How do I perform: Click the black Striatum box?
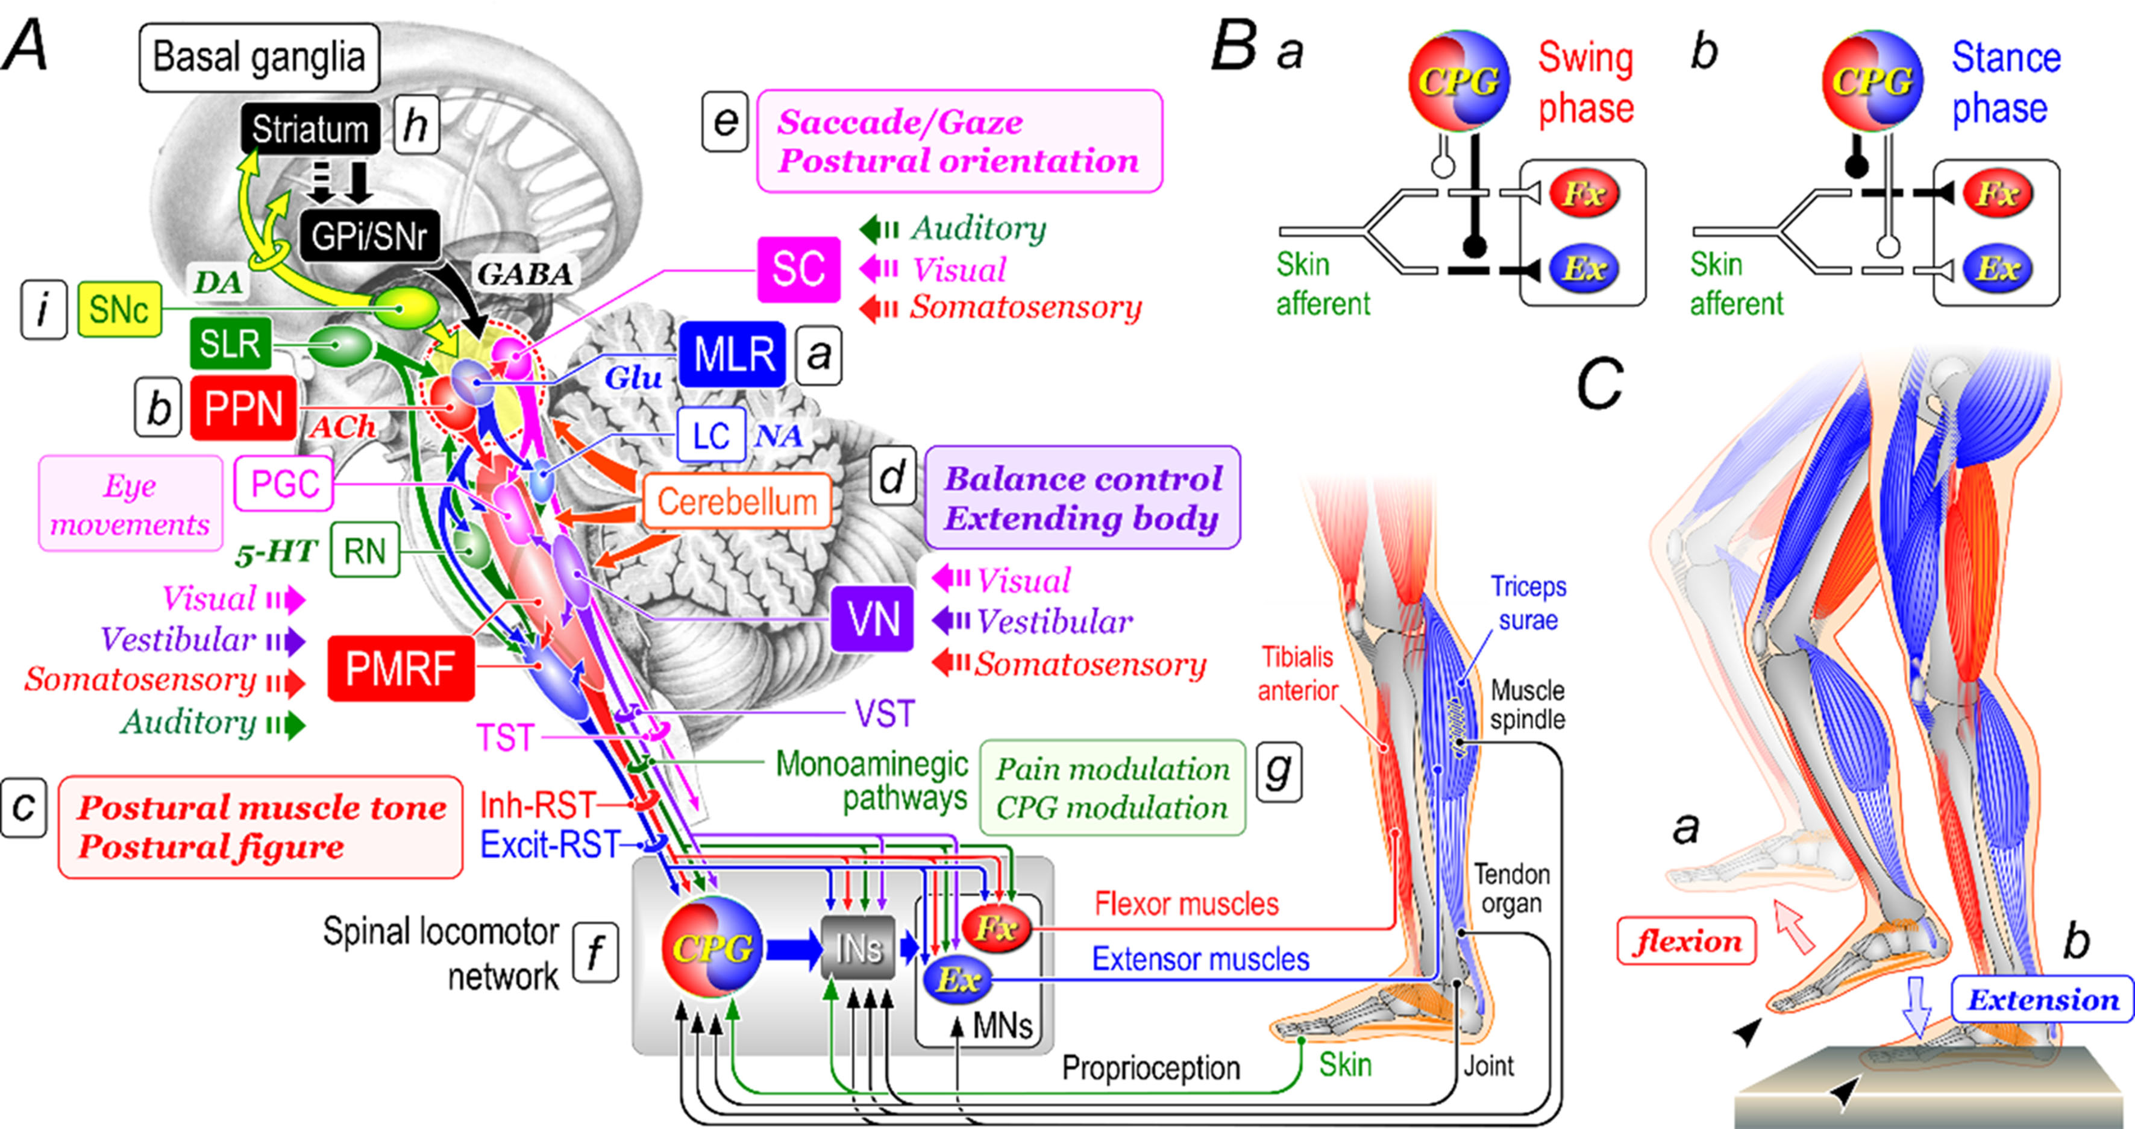(x=310, y=130)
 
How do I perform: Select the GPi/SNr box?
(x=369, y=237)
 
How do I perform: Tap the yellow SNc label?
(x=119, y=310)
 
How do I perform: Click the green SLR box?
(x=230, y=342)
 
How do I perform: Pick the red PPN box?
(x=243, y=409)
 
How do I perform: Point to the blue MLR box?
(x=733, y=355)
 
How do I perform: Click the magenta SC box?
(x=798, y=269)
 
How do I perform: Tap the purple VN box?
(x=872, y=619)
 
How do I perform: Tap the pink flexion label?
(x=1686, y=941)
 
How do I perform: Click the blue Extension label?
(x=2042, y=999)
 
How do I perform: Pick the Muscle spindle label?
(x=1526, y=705)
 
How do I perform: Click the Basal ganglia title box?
(x=259, y=57)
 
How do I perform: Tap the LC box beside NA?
(x=710, y=435)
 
